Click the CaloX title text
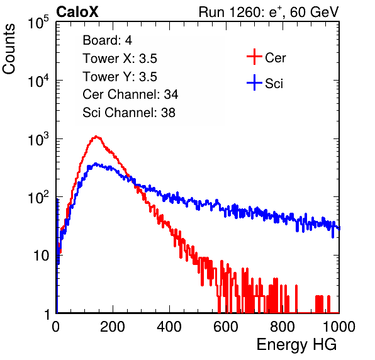coord(77,12)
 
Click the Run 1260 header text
coord(269,12)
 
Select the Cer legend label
coord(275,58)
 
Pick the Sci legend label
coord(274,84)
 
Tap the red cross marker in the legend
coord(254,57)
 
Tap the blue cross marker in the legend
coord(254,82)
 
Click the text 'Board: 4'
coord(107,40)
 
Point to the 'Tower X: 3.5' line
coord(120,59)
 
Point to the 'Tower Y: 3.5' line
coord(120,77)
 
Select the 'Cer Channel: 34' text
coord(130,94)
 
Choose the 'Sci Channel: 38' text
coord(129,113)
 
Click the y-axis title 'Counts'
coord(9,49)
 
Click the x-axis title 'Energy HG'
coord(296,345)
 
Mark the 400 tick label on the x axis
coord(169,327)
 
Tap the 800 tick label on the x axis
coord(283,327)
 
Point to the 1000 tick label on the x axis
coord(339,327)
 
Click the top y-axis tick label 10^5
coord(38,23)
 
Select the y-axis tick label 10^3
coord(38,139)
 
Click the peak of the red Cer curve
coord(96,137)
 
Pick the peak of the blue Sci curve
coord(96,164)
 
